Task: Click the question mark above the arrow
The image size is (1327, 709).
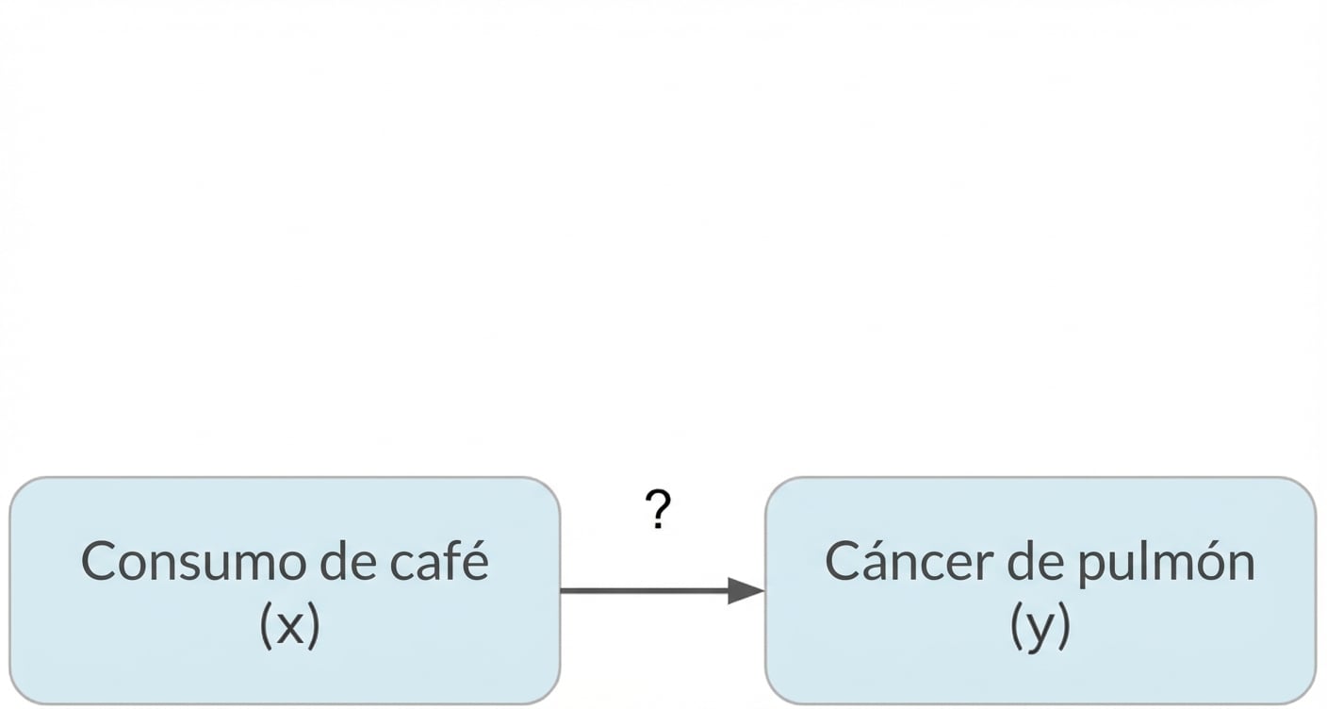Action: [x=659, y=510]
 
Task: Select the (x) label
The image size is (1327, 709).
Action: [x=289, y=626]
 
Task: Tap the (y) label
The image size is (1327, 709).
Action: [x=1040, y=627]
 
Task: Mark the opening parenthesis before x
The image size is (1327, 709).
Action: [x=265, y=626]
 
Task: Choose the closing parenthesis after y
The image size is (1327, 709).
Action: [x=1064, y=627]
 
